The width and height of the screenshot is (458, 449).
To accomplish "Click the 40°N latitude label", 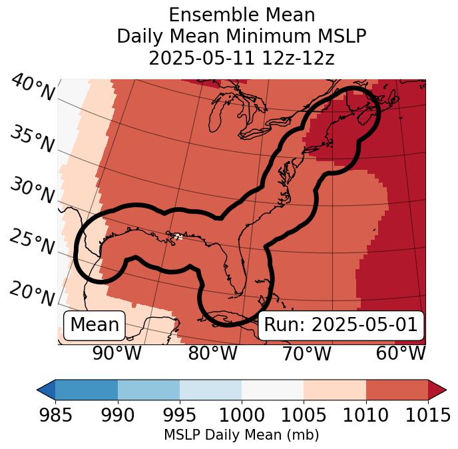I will (x=33, y=89).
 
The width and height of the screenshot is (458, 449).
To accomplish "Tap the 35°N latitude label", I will (x=32, y=139).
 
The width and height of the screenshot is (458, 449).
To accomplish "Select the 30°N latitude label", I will (x=32, y=191).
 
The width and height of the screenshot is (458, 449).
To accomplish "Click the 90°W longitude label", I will (x=117, y=354).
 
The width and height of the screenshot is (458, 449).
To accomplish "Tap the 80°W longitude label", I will (x=213, y=354).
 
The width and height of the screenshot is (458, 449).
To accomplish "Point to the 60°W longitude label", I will (x=401, y=354).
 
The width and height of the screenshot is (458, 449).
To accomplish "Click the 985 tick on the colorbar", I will (x=55, y=415).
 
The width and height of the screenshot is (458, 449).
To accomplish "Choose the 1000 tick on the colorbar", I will (x=242, y=415).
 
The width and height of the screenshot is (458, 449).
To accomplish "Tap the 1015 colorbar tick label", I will (x=428, y=415).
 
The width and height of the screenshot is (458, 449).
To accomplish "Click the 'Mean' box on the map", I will (x=95, y=325).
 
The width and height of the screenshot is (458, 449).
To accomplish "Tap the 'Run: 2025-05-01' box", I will (x=340, y=325).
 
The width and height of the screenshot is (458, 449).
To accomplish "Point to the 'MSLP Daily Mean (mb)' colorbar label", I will (x=242, y=435).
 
